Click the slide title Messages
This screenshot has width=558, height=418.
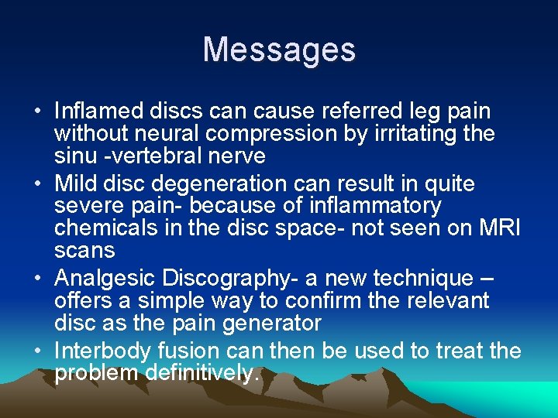279,50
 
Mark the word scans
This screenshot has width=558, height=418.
84,251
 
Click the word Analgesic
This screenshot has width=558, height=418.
108,278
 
